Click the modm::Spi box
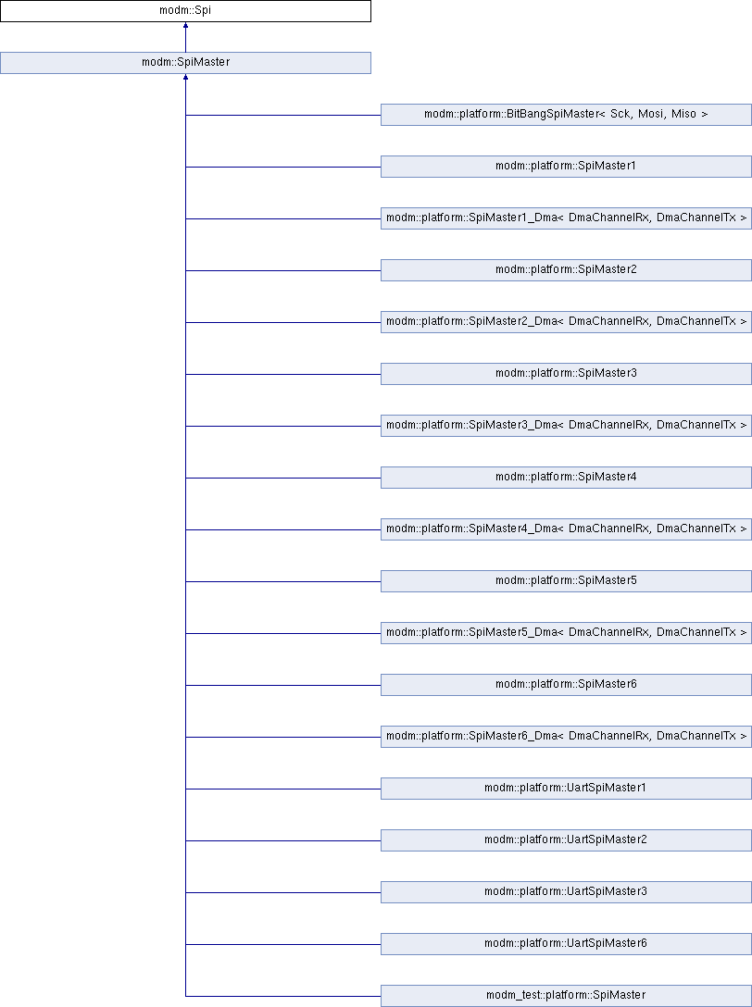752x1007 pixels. (185, 11)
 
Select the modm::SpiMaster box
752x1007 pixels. (185, 63)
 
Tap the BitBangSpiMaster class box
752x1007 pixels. (566, 115)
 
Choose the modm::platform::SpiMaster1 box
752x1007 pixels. (566, 167)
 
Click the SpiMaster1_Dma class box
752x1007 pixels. (566, 218)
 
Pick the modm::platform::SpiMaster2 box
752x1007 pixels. (566, 269)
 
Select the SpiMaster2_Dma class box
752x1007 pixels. (566, 322)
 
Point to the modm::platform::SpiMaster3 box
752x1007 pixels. (566, 374)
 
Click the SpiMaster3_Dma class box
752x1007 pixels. (566, 425)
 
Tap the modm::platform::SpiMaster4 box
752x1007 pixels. (566, 478)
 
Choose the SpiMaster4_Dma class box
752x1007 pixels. (566, 529)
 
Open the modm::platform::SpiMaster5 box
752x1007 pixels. (566, 580)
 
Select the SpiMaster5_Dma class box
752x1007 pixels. (566, 632)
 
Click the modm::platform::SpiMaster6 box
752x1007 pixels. (566, 685)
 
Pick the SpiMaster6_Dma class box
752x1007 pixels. (566, 736)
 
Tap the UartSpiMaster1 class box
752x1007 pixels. (566, 788)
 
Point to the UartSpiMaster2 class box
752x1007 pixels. (566, 840)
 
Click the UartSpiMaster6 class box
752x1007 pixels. (566, 943)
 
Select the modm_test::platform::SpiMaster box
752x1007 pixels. (566, 996)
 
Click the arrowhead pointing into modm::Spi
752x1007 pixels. (186, 25)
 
